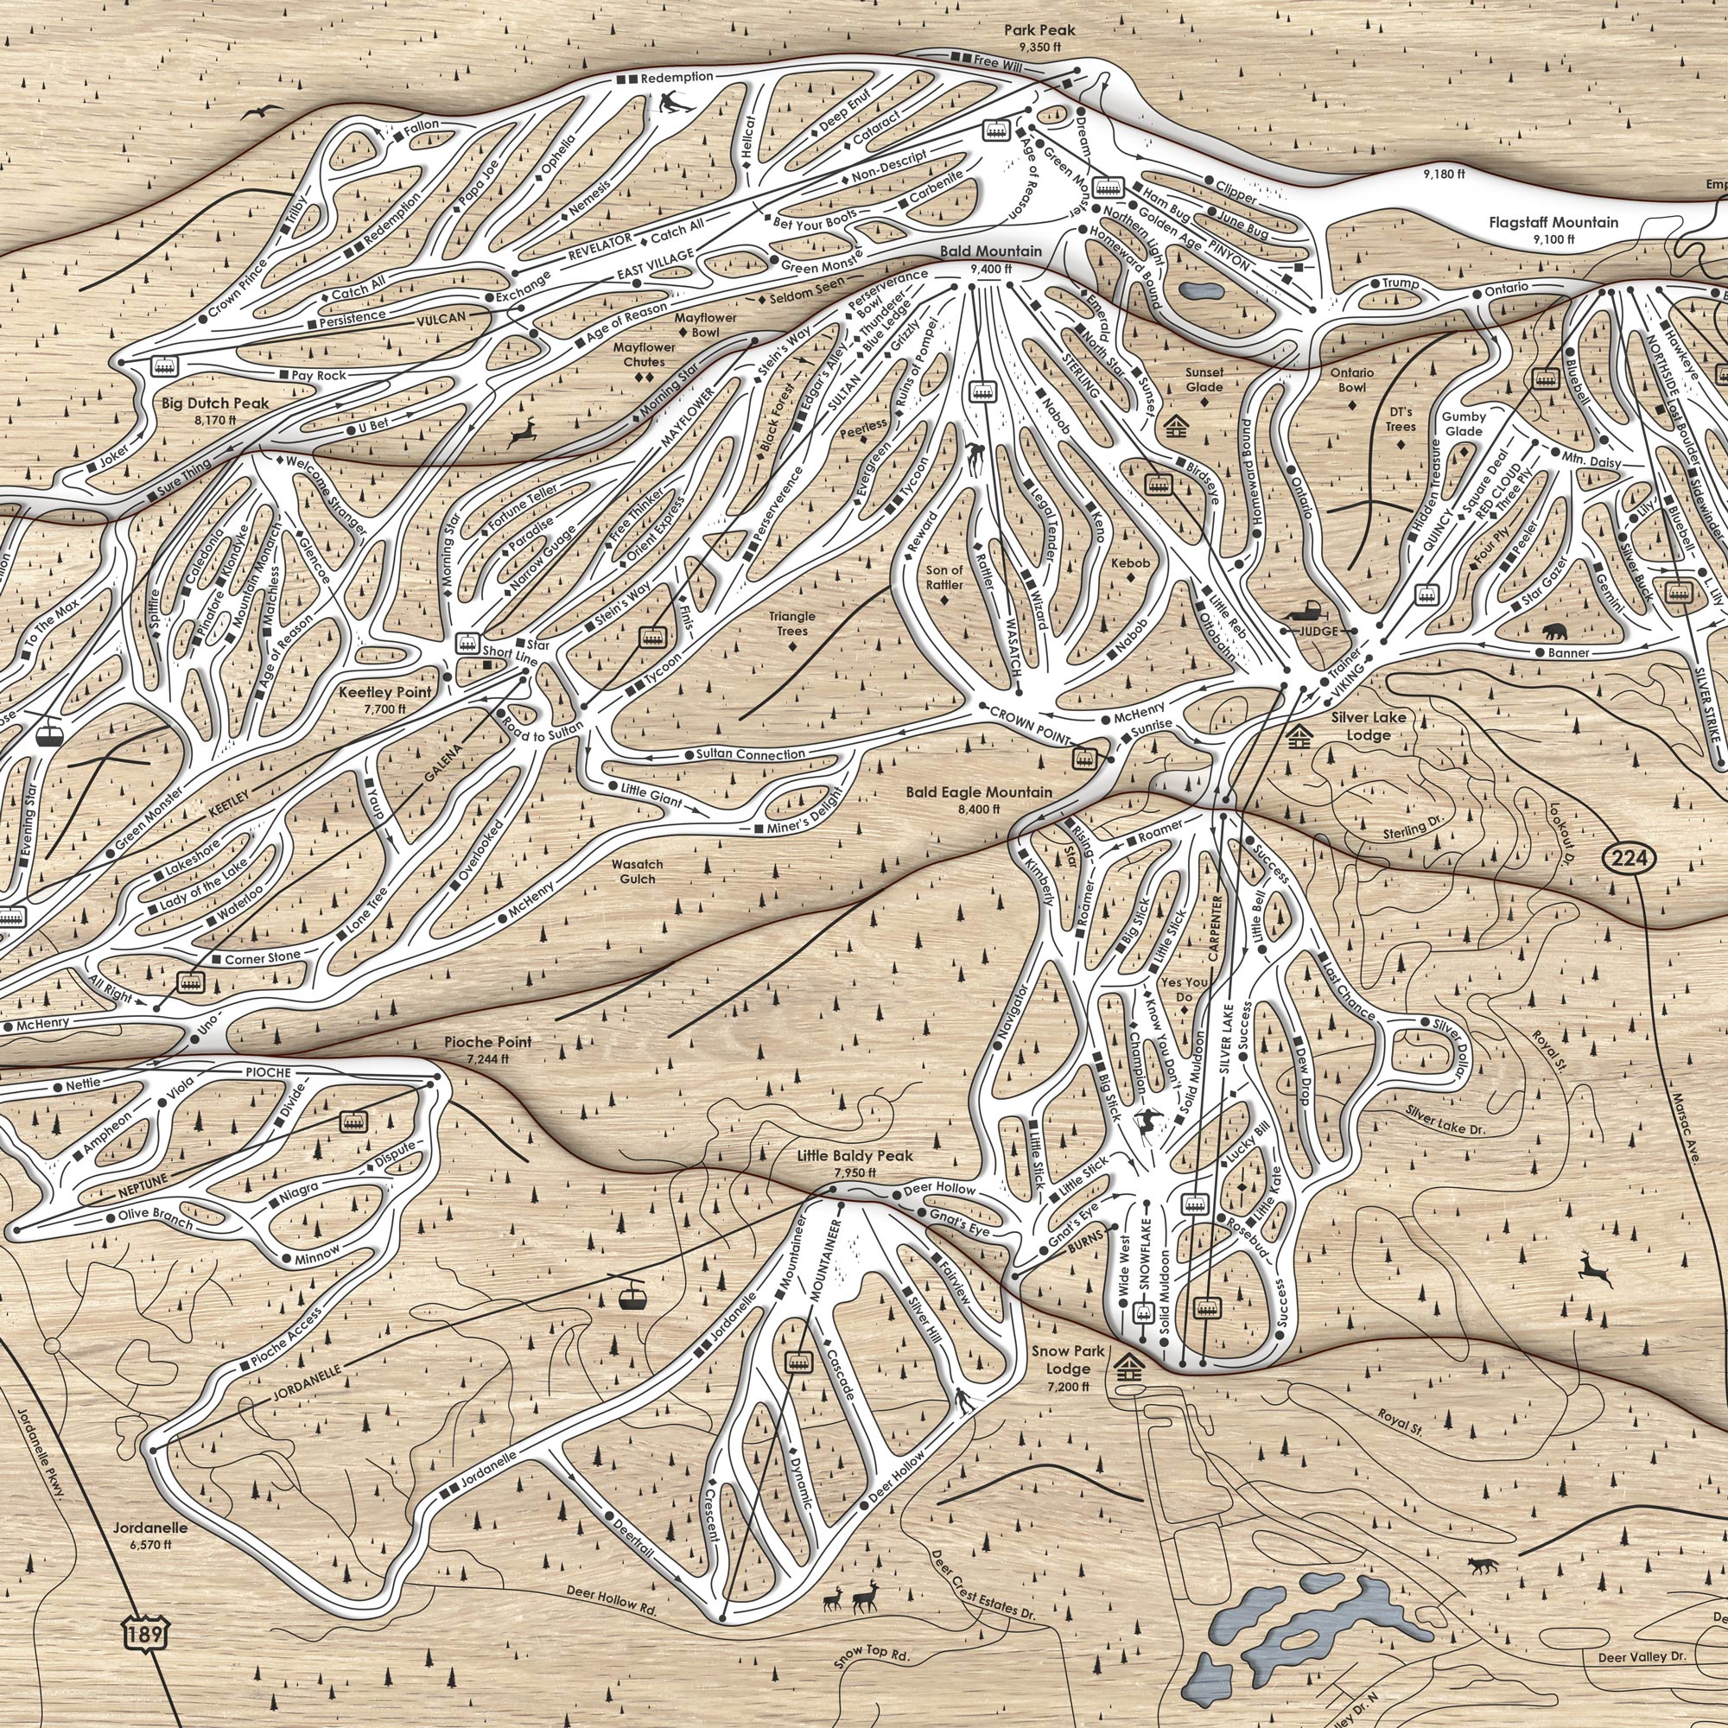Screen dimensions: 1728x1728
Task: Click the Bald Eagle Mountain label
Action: tap(979, 792)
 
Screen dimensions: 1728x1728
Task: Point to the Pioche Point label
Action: tap(487, 1043)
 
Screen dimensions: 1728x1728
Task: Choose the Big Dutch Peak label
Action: tap(215, 403)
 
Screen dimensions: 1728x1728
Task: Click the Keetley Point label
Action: tap(384, 692)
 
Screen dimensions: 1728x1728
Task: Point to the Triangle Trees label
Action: tap(792, 624)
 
